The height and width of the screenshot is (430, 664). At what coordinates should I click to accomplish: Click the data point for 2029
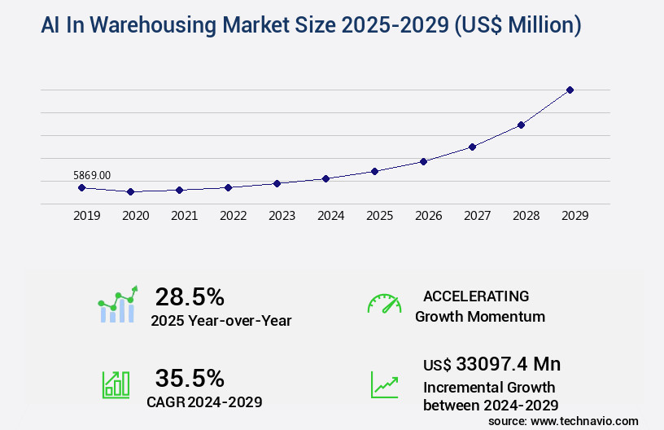[x=570, y=90]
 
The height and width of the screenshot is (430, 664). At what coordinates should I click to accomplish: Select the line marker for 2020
[x=130, y=191]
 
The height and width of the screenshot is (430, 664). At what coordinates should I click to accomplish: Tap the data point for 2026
[x=423, y=161]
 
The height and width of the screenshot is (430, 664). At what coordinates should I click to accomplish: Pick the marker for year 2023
[x=277, y=183]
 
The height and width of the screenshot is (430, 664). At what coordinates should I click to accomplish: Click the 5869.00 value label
[x=92, y=175]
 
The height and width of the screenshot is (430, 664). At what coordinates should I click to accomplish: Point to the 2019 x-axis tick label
[x=86, y=216]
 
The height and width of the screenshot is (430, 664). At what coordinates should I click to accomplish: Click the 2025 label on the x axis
[x=379, y=216]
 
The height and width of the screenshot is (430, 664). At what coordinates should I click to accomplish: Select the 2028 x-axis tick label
[x=526, y=216]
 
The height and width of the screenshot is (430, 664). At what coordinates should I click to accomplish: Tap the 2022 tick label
[x=233, y=216]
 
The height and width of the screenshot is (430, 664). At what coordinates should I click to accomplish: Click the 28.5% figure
[x=190, y=296]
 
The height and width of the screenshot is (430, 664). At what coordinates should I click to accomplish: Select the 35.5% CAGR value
[x=190, y=378]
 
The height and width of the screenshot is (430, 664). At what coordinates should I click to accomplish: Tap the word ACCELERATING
[x=476, y=296]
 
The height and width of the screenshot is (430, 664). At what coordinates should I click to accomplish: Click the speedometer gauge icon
[x=384, y=303]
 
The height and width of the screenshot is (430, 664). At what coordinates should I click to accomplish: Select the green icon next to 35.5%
[x=116, y=384]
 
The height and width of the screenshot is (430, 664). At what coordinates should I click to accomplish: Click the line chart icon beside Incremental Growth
[x=384, y=384]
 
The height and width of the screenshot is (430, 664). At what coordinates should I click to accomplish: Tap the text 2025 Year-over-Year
[x=221, y=321]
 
